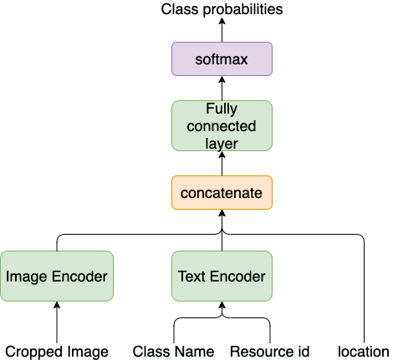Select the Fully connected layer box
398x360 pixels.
[222, 125]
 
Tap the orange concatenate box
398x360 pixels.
[222, 192]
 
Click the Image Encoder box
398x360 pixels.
[56, 276]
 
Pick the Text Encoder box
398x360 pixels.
[222, 276]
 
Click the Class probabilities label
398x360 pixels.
[222, 9]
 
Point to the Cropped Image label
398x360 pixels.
[56, 352]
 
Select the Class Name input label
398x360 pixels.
[173, 352]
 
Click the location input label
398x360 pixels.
[364, 352]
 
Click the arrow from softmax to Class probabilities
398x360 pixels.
[222, 31]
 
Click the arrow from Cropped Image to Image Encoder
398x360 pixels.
[56, 319]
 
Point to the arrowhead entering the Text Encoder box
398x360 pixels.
[222, 306]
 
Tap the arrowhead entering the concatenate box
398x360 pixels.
[222, 214]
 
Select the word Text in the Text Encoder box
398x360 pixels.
[193, 276]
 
